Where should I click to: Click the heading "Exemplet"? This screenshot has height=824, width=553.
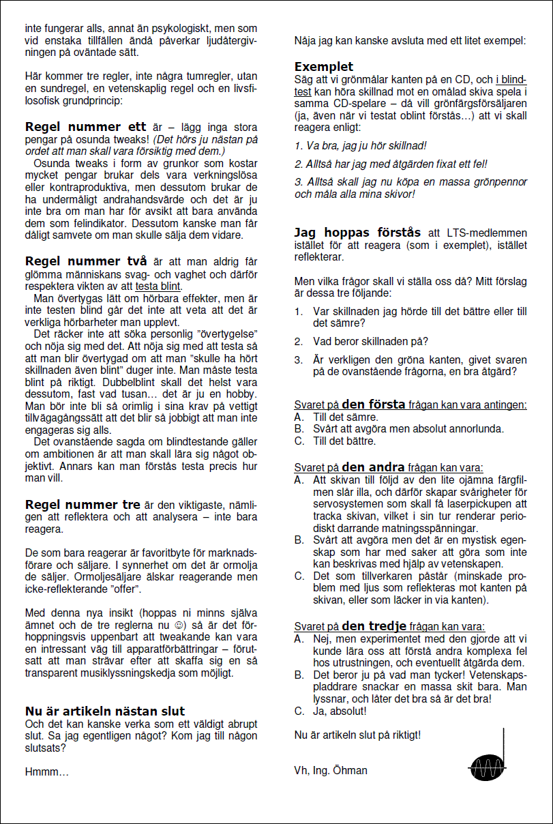click(x=324, y=67)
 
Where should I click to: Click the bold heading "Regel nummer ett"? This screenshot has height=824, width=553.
click(x=86, y=127)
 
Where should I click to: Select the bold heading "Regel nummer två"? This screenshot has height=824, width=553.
click(x=87, y=261)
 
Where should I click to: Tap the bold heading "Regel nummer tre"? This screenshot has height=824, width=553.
click(x=83, y=505)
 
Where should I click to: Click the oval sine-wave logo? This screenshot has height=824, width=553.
click(x=488, y=767)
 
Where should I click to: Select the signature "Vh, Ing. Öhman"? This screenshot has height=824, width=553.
click(x=331, y=770)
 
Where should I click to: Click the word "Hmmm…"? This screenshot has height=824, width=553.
click(x=47, y=772)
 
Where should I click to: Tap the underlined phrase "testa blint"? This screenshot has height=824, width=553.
click(x=158, y=286)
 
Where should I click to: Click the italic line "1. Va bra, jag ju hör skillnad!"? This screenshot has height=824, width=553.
click(x=360, y=145)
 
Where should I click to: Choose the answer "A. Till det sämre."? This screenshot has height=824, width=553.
click(x=336, y=417)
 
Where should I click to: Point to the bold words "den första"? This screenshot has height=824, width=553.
click(x=374, y=404)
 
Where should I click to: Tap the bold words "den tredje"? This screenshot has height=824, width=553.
click(x=374, y=626)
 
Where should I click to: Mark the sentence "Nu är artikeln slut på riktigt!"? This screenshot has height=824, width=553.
click(x=357, y=735)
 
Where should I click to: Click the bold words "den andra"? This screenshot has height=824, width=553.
click(x=373, y=467)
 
